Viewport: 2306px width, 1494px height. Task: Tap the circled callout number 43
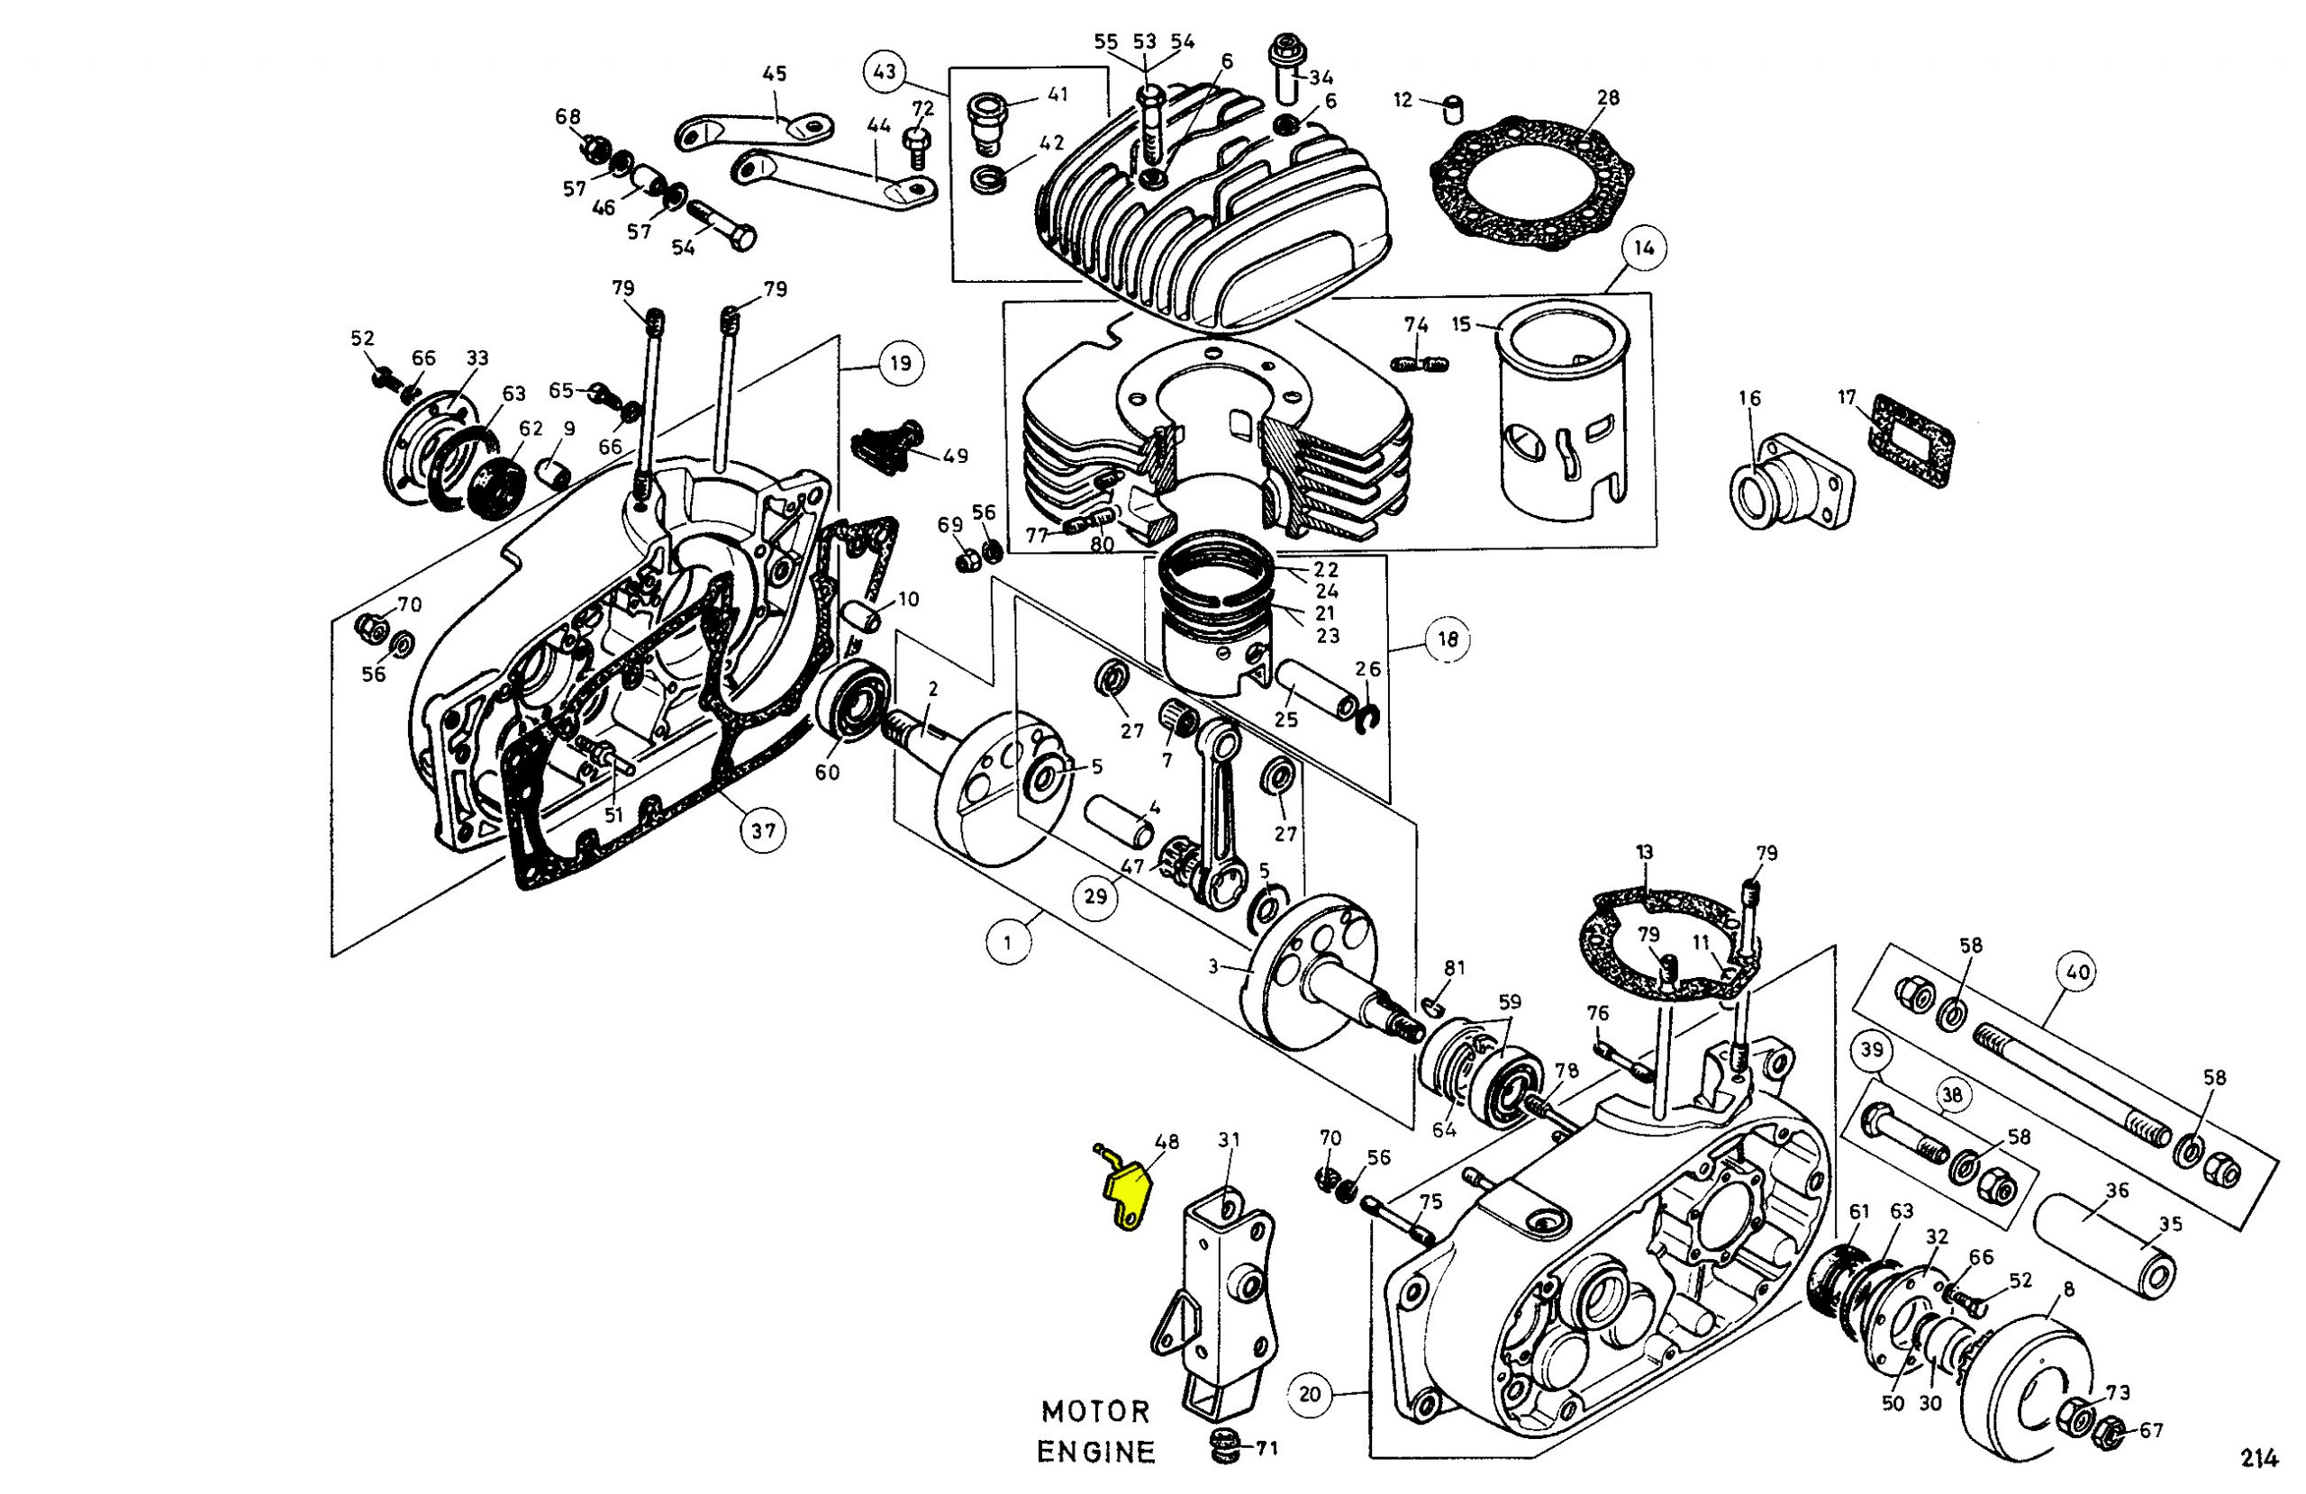point(884,73)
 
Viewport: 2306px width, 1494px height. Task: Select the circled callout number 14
point(1643,248)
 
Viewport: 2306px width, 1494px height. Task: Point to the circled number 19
point(900,363)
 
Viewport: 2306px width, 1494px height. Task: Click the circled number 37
point(763,830)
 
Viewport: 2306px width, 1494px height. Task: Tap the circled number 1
point(1009,942)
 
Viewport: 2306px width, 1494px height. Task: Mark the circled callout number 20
point(1310,1394)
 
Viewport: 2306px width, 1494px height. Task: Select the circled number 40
point(2077,972)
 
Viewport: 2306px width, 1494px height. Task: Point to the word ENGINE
point(1096,1452)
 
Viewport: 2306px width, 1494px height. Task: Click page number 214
point(2259,1458)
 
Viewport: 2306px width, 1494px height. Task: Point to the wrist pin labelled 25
point(1318,690)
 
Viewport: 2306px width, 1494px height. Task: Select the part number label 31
point(1229,1140)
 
